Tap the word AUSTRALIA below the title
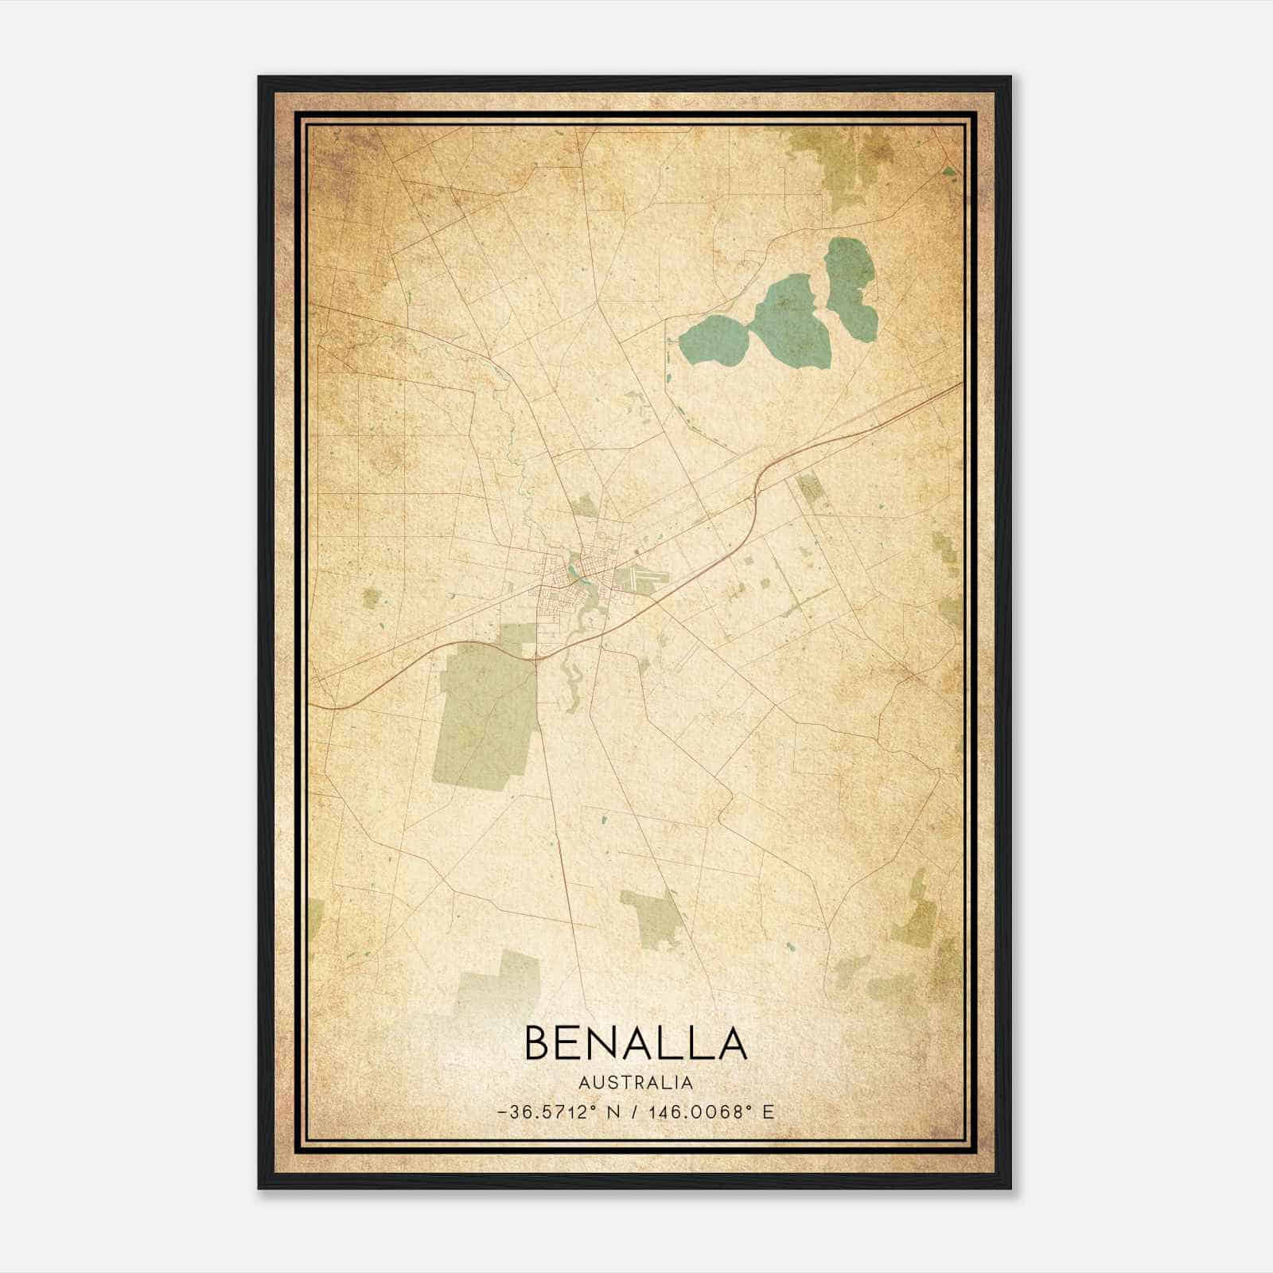[636, 1082]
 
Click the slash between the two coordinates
[633, 1111]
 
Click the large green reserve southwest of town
[485, 716]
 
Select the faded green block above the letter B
[489, 983]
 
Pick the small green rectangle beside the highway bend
[809, 486]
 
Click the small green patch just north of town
[584, 505]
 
